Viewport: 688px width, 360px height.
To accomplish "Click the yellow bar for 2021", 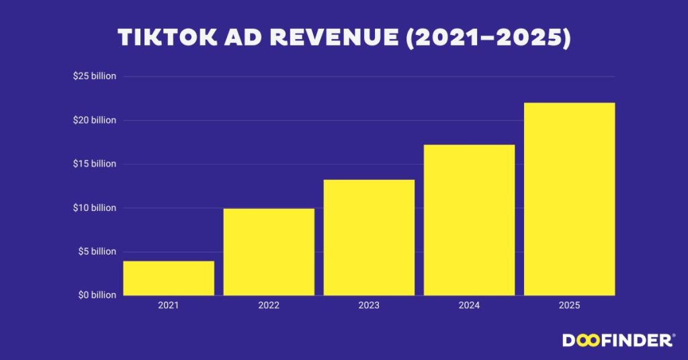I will coord(169,278).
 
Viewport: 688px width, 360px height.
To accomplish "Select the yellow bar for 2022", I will coord(269,252).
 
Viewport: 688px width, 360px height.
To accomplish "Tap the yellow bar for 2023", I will coord(369,238).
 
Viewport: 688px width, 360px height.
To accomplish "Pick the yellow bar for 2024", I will coord(469,220).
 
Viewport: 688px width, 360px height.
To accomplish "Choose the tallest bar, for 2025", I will coord(569,199).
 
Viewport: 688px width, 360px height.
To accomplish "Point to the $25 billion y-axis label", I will coord(95,77).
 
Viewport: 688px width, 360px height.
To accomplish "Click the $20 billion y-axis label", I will coord(95,120).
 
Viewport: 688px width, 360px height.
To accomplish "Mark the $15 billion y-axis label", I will coord(95,164).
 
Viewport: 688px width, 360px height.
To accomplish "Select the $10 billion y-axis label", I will coord(95,208).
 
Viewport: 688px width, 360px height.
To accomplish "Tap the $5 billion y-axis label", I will coord(97,251).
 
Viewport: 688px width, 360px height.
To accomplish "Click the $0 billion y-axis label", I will coord(97,295).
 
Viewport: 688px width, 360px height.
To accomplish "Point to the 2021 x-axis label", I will coord(169,306).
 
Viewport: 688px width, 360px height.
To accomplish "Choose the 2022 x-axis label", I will coord(269,306).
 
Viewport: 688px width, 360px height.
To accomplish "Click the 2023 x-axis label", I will coord(369,306).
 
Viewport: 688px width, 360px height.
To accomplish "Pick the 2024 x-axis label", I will coord(469,306).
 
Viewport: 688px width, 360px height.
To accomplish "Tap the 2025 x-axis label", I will coord(569,306).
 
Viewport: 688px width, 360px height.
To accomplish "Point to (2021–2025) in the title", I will coord(492,38).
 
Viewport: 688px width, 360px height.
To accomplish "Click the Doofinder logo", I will coord(617,341).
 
